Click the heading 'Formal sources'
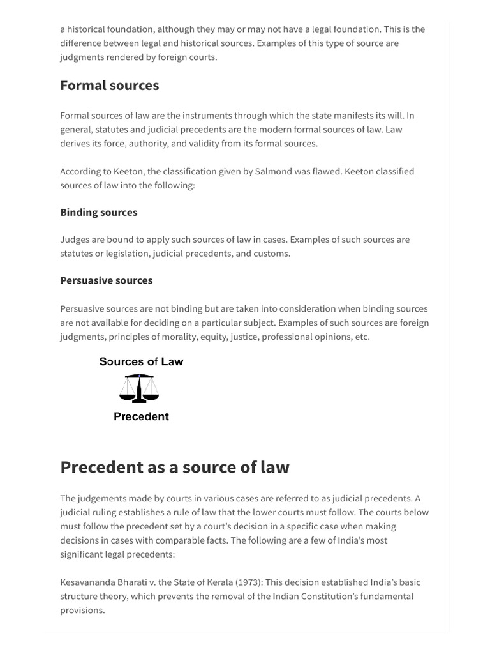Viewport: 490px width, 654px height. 109,86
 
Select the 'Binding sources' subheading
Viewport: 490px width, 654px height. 98,212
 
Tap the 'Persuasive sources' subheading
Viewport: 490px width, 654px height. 106,280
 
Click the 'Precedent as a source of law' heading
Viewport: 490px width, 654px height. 174,467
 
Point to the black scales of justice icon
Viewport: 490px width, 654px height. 140,388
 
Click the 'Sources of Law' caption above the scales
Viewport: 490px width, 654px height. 141,361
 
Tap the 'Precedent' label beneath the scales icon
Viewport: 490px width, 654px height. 141,416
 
